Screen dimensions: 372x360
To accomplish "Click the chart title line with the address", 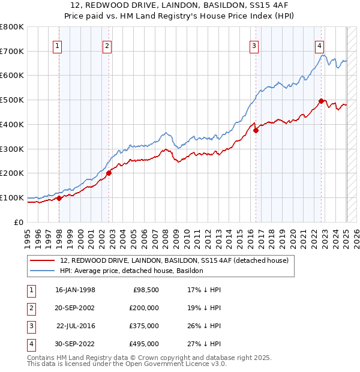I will tap(180, 5).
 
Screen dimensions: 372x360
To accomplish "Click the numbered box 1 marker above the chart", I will tap(57, 46).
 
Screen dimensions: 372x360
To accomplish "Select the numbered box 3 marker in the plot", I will tap(254, 46).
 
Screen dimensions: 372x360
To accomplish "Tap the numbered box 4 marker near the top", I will tap(320, 46).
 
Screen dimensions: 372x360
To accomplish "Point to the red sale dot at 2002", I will tap(109, 173).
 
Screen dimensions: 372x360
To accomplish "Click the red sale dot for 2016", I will tap(256, 130).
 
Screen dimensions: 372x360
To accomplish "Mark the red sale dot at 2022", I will tap(322, 101).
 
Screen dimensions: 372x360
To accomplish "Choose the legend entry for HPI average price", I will tap(131, 271).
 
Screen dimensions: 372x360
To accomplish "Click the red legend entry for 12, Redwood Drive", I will tap(174, 260).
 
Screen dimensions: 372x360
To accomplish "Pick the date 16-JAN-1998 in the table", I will tap(75, 290).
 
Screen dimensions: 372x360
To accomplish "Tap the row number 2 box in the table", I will tap(29, 308).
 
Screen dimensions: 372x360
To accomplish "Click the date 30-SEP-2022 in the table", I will tap(75, 344).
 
